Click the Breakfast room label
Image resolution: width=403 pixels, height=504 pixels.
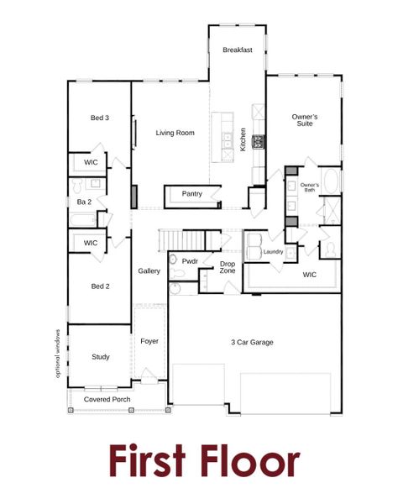(x=238, y=50)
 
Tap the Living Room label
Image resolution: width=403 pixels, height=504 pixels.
(x=175, y=133)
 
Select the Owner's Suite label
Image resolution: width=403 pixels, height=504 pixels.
(x=303, y=120)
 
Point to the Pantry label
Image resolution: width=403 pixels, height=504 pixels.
(x=192, y=194)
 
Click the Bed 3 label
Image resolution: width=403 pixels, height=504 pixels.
(x=100, y=118)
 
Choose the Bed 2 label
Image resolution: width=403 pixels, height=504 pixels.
(x=100, y=286)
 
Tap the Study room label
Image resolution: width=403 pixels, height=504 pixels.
(x=100, y=357)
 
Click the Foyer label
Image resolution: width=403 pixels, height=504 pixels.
(x=149, y=341)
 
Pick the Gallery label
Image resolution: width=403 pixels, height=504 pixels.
(x=149, y=270)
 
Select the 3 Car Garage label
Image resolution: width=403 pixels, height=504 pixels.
(x=252, y=342)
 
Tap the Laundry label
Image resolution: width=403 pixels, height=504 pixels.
(x=273, y=251)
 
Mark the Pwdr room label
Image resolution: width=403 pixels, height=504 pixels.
(x=190, y=261)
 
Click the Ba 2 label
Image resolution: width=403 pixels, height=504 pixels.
(x=83, y=202)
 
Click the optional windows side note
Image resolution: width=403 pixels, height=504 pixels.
(x=58, y=352)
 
